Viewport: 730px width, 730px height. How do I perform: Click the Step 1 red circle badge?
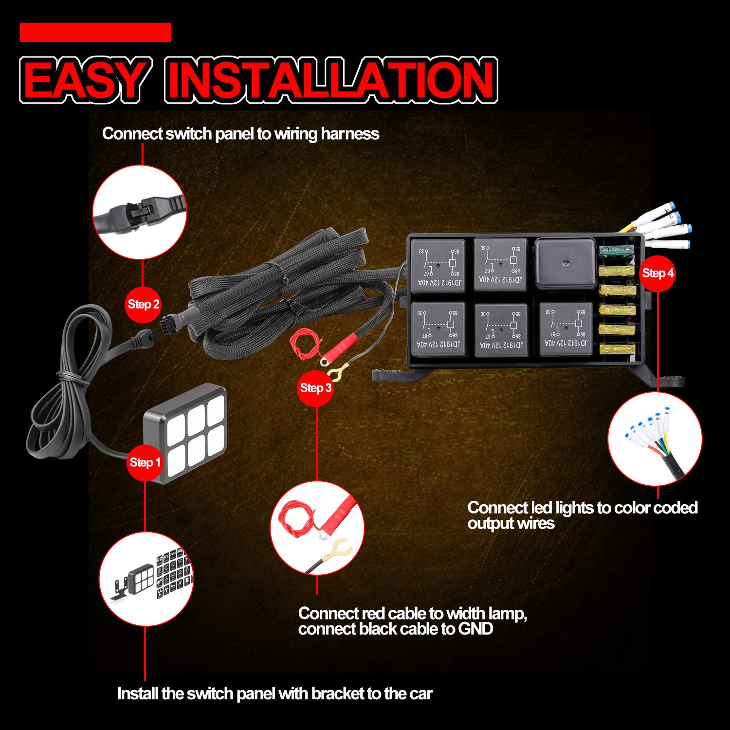(x=145, y=462)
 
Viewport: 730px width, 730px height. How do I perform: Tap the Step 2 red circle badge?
(x=143, y=305)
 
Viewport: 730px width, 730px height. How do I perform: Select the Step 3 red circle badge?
(x=315, y=388)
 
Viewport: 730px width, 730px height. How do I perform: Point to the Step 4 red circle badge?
(x=657, y=273)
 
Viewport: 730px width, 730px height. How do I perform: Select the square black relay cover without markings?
(x=565, y=263)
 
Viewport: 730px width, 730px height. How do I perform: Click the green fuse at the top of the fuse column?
(x=616, y=250)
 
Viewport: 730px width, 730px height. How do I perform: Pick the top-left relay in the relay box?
(x=438, y=265)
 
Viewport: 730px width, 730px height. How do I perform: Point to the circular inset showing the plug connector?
(x=140, y=212)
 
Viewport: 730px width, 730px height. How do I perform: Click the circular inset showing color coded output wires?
(x=655, y=439)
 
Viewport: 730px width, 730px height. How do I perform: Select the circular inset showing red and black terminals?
(x=317, y=528)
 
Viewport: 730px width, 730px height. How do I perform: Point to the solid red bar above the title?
(x=95, y=33)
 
